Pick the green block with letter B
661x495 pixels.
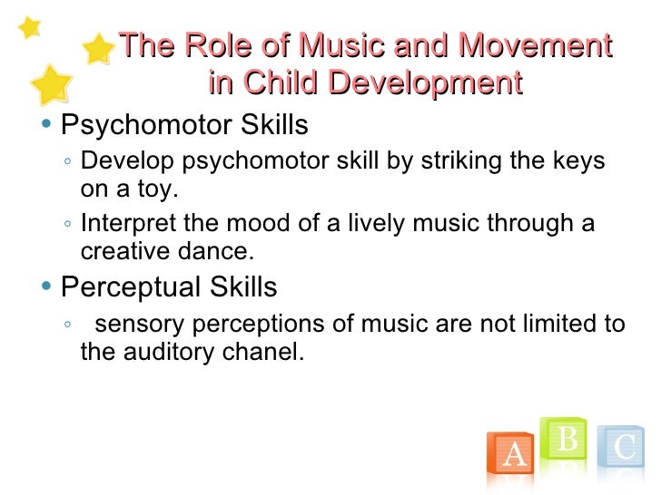click(566, 442)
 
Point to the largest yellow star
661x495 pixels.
click(52, 84)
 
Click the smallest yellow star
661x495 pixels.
click(29, 27)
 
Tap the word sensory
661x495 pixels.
click(137, 324)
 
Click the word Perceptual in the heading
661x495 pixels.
click(127, 288)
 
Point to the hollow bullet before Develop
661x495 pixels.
click(69, 163)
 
